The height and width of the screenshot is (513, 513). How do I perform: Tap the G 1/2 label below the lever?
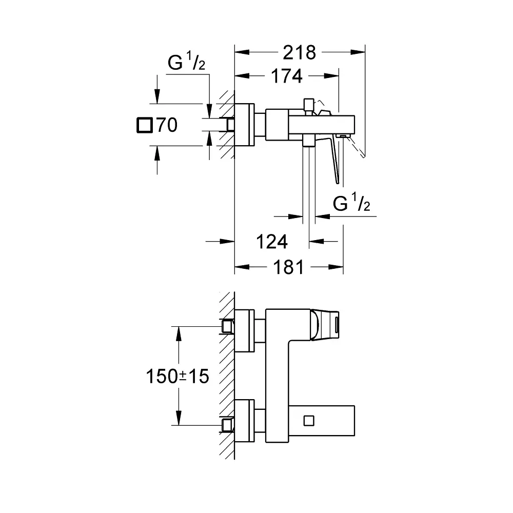point(352,204)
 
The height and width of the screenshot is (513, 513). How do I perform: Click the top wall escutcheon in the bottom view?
point(245,331)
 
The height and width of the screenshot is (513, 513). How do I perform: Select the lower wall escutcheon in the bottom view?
point(245,421)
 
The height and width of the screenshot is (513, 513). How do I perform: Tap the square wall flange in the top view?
point(245,125)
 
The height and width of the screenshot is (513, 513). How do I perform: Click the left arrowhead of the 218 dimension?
point(239,52)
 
